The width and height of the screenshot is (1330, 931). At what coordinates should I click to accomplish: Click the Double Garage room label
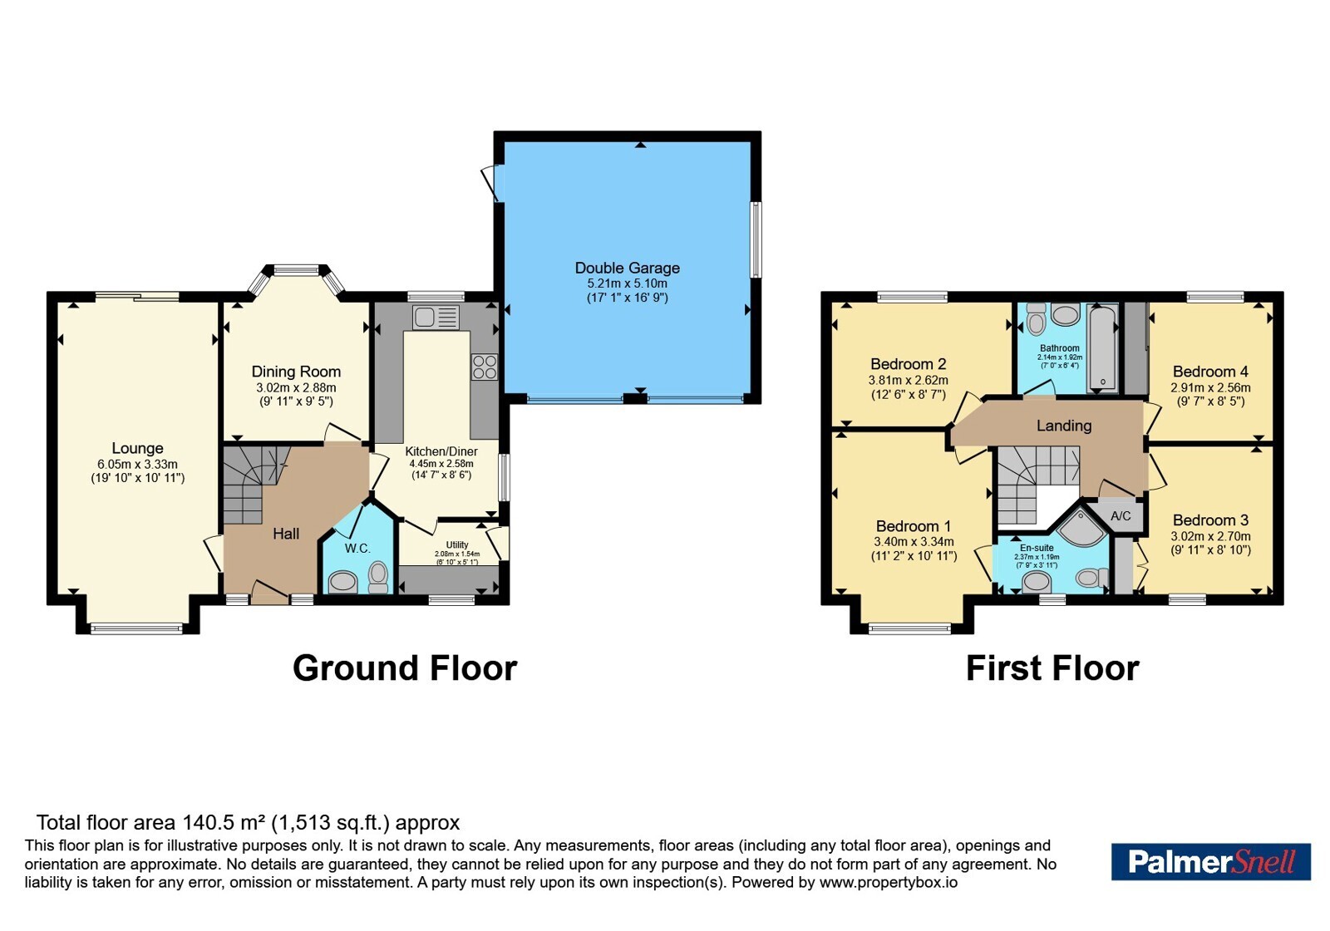tap(627, 268)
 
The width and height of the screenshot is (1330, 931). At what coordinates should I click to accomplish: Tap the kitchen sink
tap(436, 317)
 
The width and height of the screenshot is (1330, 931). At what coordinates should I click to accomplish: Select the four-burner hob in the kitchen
tap(485, 367)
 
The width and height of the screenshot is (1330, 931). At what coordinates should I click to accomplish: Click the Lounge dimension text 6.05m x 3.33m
tap(138, 465)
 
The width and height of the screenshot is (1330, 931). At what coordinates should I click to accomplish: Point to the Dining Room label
tap(296, 372)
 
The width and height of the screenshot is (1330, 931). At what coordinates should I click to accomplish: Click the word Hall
tap(286, 534)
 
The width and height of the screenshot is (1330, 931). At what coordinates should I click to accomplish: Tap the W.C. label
tap(357, 548)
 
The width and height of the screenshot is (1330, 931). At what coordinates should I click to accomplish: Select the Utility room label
tap(457, 544)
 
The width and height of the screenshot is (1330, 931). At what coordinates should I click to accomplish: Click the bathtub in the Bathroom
tap(1103, 348)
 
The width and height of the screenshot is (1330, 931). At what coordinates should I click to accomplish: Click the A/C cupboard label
tap(1121, 515)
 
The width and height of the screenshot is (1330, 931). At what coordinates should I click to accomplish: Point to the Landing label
tap(1064, 425)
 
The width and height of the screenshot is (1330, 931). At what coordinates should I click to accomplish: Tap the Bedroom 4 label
tap(1210, 372)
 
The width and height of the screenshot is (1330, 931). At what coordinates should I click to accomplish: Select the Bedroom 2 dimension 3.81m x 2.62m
tap(909, 380)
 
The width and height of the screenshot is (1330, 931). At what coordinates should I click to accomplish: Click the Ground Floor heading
tap(405, 668)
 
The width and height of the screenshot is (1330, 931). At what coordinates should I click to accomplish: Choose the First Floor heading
tap(1052, 668)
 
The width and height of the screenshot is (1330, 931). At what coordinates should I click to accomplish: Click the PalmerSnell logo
tap(1211, 861)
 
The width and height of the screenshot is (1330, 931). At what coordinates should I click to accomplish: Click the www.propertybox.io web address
tap(889, 882)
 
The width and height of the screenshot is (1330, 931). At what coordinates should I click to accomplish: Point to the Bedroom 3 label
tap(1210, 520)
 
